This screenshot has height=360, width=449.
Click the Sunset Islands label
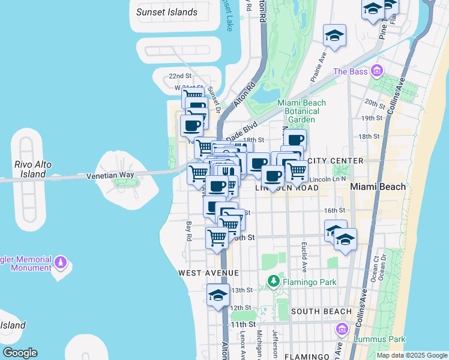tap(167, 12)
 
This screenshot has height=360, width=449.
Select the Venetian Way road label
tap(110, 176)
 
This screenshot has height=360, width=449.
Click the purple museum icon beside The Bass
tap(376, 71)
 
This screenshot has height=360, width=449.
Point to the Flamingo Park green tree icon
tap(273, 280)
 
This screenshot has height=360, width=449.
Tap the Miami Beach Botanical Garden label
tap(301, 111)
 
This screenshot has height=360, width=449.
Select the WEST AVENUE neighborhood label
tap(208, 273)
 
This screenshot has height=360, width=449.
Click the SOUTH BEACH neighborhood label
tap(321, 311)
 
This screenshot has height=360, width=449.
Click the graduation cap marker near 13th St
tap(218, 296)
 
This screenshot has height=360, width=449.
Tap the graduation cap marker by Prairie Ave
tap(334, 36)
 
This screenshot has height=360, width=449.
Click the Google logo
tap(20, 353)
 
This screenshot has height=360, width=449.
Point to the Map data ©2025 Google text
tap(411, 355)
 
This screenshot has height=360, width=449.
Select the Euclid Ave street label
tap(304, 259)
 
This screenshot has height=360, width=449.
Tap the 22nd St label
tap(179, 76)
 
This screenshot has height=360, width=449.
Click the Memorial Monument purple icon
tap(60, 263)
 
